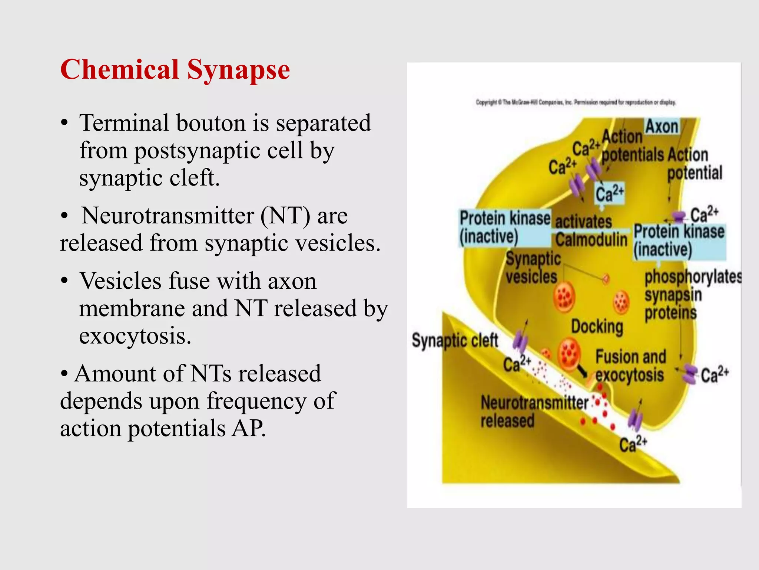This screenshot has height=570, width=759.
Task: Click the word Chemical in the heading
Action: tap(119, 70)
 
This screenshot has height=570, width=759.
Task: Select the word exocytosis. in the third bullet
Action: tap(135, 336)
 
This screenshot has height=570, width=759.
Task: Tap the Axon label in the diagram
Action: tap(662, 127)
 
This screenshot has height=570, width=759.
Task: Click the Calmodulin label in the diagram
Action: tap(591, 240)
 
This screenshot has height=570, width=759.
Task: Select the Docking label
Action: tap(597, 327)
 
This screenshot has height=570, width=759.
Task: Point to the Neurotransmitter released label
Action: tap(534, 411)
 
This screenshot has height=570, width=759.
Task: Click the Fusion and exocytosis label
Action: tap(630, 366)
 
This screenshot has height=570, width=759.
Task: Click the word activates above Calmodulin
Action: tap(583, 222)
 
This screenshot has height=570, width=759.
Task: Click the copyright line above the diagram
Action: tap(576, 102)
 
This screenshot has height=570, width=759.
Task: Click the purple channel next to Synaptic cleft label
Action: tap(520, 342)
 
